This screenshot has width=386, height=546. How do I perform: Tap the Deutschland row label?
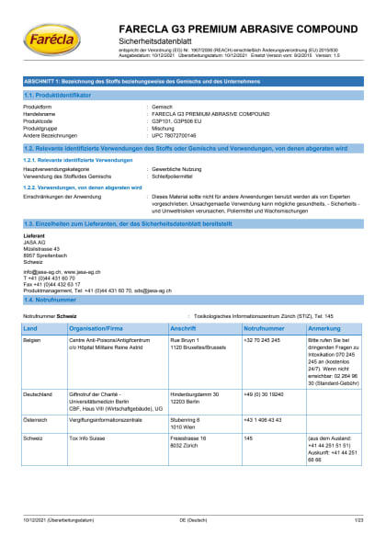pos(39,394)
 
